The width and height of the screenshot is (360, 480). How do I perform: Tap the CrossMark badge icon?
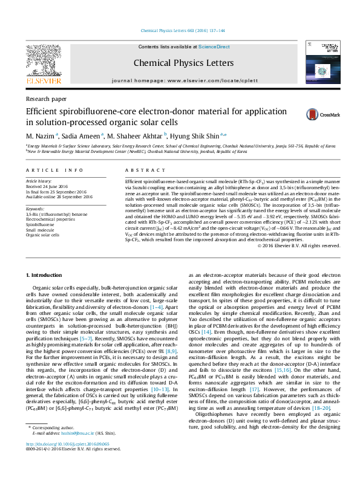point(315,114)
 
